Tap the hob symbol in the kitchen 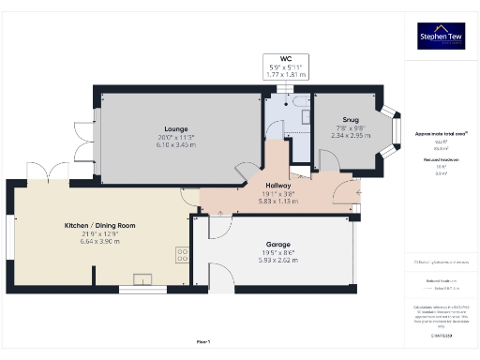[179, 253]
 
